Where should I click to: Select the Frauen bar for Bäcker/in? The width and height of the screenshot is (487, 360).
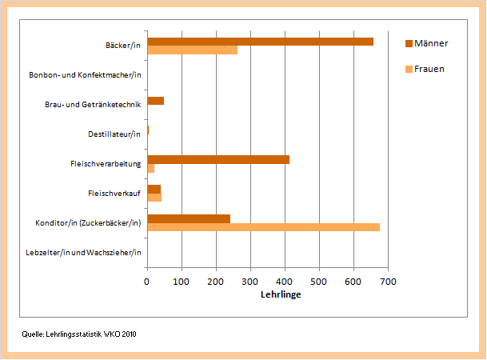192,50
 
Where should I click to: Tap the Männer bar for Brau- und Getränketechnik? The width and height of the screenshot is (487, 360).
155,101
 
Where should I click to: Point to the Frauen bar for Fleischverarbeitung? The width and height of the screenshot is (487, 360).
150,168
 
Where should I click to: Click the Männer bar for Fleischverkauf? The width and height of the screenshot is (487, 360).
154,189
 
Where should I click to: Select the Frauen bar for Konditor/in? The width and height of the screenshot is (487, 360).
263,227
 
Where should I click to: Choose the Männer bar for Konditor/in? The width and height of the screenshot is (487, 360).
189,218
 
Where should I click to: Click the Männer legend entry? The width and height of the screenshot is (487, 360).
431,43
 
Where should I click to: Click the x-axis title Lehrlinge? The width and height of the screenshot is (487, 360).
281,295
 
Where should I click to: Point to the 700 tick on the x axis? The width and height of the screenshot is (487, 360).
389,282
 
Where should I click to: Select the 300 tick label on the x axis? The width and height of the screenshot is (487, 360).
250,282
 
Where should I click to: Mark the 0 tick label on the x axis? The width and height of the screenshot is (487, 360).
147,282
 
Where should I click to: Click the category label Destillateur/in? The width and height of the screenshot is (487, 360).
114,134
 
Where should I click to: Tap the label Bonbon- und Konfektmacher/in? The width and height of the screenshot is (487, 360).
85,75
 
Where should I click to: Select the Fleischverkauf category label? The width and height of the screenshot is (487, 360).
114,194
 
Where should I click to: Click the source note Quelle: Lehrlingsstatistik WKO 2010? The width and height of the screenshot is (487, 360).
79,333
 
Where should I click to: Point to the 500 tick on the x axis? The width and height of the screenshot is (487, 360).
320,282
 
